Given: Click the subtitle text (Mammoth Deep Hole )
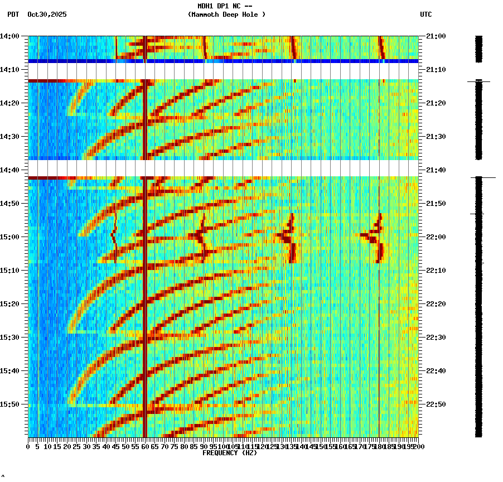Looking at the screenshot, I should coord(226,15).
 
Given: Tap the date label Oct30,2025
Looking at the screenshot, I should coord(47,15).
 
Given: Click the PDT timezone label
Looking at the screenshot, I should coord(13,15).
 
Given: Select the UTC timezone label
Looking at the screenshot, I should coord(425,15).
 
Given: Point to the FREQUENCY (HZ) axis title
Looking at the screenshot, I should coord(230,453).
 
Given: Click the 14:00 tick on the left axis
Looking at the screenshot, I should coord(10,36).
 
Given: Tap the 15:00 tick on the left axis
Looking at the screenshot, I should coord(10,237).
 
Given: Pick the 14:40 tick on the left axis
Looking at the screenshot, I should coord(10,170).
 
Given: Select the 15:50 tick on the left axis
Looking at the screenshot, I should coord(10,404).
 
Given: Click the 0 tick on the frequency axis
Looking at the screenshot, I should coord(28,446).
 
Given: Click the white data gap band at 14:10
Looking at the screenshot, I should coord(223,71).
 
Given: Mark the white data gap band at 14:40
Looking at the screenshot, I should coord(223,168).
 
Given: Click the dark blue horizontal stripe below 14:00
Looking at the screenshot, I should coord(223,61).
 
